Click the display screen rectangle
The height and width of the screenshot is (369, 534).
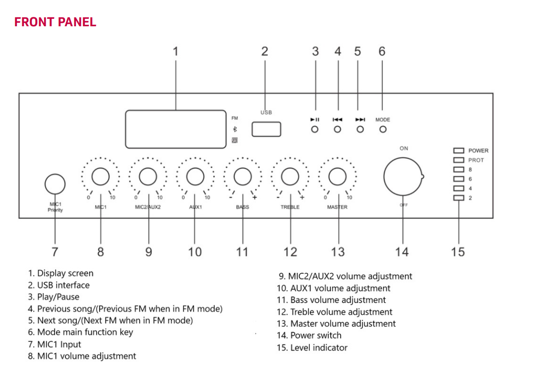(176, 129)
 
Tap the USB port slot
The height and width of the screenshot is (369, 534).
(266, 129)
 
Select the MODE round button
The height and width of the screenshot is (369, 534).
(383, 129)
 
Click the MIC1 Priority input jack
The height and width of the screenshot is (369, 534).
(55, 184)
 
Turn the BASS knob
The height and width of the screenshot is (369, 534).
(242, 176)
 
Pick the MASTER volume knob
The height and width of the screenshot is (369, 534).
(338, 176)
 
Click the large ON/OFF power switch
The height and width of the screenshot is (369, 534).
(402, 177)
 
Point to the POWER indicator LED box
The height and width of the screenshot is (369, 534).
(459, 150)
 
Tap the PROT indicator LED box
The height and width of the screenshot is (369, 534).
(459, 160)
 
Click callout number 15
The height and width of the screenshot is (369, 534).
(458, 252)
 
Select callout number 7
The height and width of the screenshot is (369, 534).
(55, 252)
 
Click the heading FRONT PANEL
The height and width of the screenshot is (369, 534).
(55, 22)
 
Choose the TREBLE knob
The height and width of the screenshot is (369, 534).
(290, 176)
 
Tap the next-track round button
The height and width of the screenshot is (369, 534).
(360, 129)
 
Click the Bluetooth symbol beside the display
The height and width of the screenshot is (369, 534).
(235, 129)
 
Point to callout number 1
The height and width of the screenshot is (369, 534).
(175, 51)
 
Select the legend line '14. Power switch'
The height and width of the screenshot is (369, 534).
(309, 336)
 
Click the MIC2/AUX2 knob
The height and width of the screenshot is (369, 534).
(147, 176)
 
